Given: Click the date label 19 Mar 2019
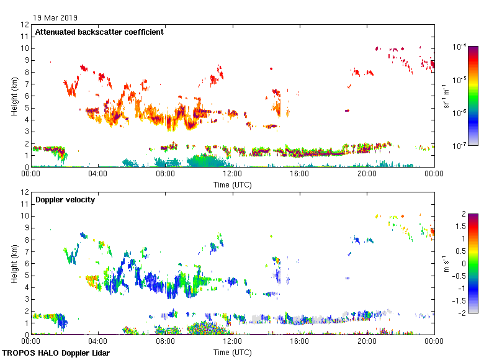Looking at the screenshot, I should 56,17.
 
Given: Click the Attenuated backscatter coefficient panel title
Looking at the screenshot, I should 99,32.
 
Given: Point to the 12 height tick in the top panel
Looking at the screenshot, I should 25,24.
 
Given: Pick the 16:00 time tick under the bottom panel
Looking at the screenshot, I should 300,342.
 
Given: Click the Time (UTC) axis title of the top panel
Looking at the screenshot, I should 232,184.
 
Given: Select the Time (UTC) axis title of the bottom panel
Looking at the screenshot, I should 232,352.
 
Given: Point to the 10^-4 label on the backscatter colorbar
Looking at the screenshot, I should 460,47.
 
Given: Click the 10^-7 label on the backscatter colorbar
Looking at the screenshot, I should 460,146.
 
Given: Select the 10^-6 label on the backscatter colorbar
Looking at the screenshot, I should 460,113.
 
